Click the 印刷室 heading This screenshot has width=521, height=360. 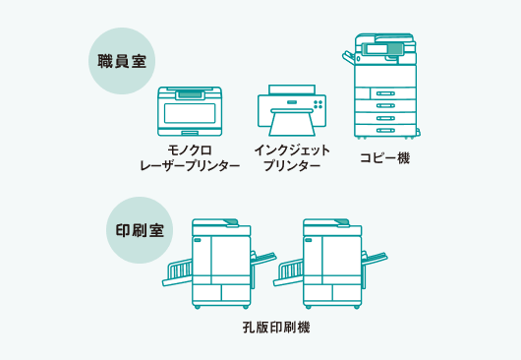click(140, 231)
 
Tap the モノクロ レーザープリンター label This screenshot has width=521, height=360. click(190, 157)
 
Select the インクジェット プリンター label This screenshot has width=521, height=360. click(292, 157)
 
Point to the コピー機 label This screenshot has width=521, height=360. click(384, 157)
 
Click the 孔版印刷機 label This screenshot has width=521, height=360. click(276, 328)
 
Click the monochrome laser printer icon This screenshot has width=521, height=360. click(190, 111)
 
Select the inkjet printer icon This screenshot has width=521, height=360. click(291, 108)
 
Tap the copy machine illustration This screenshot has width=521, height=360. click(385, 89)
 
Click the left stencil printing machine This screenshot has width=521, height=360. click(221, 264)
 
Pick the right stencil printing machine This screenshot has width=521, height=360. click(332, 264)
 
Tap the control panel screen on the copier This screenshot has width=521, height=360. click(376, 48)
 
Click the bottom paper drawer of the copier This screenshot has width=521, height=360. click(386, 129)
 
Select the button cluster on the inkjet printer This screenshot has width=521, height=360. click(318, 102)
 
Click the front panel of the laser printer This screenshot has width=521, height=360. click(190, 113)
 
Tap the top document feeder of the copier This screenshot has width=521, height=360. click(381, 37)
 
